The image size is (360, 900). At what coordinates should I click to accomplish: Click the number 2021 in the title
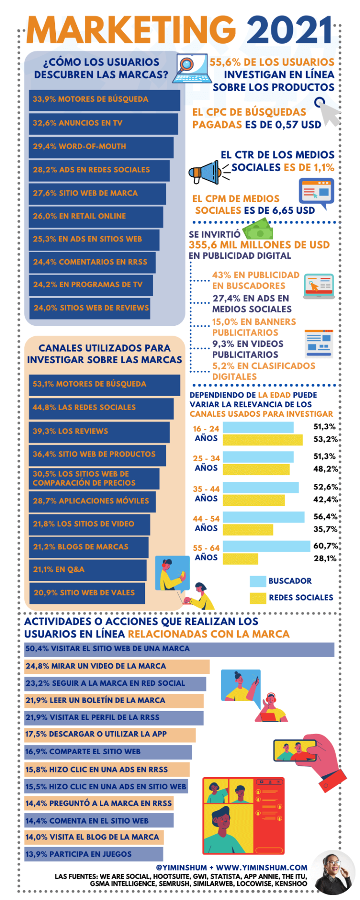click(290, 30)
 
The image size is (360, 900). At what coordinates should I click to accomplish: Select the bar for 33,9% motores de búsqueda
click(104, 100)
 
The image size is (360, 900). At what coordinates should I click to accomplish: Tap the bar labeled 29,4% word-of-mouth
click(101, 147)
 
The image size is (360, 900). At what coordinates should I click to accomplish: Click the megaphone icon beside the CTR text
click(205, 172)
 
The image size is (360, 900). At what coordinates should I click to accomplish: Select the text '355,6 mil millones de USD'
click(259, 245)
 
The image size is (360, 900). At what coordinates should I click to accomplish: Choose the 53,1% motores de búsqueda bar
click(104, 384)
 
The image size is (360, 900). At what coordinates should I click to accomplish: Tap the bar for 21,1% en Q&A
click(87, 570)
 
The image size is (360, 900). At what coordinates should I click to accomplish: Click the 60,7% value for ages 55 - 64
click(325, 546)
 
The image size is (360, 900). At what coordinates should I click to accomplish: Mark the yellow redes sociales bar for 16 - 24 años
click(262, 440)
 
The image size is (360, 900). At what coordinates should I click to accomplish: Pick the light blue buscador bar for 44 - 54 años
click(263, 517)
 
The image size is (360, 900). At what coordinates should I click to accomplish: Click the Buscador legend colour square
click(258, 581)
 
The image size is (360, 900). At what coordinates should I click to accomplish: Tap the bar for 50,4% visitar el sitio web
click(179, 649)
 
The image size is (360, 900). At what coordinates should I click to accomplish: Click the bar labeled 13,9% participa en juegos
click(93, 854)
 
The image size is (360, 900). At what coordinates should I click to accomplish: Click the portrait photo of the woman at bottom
click(334, 872)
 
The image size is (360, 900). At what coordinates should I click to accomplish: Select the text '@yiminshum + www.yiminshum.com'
click(232, 867)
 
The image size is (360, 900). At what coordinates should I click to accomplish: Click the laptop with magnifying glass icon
click(190, 68)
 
